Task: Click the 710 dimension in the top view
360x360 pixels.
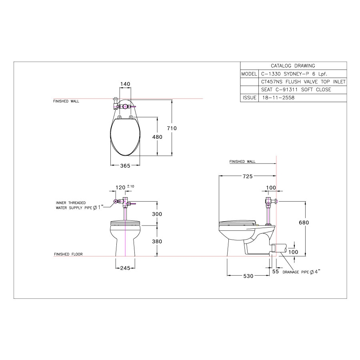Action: pos(172,128)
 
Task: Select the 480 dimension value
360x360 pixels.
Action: pos(157,137)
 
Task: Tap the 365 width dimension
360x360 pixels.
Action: pos(125,166)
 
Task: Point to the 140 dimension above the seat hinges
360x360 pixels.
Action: pos(125,84)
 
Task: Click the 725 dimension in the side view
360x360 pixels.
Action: pos(248,176)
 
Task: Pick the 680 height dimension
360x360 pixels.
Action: pos(304,222)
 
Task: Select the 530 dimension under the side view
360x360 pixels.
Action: pos(248,276)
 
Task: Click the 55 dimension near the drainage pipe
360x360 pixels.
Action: pos(276,272)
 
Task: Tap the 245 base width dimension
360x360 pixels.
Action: pos(125,268)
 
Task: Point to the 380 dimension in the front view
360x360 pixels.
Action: pos(157,242)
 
